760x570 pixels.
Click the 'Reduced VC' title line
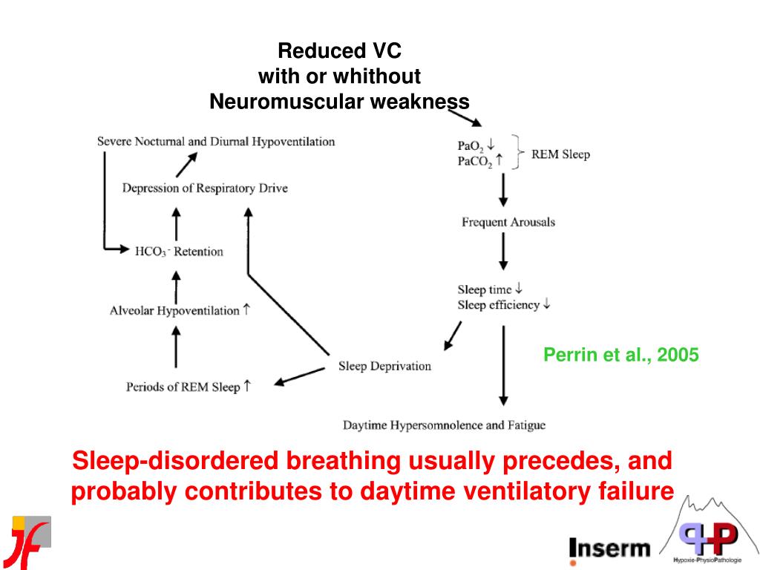click(x=339, y=51)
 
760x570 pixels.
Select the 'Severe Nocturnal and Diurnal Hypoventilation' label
click(x=215, y=141)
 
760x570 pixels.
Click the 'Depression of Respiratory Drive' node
click(x=204, y=188)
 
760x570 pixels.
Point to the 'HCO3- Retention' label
click(x=179, y=252)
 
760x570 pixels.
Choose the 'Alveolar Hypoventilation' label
click(x=174, y=310)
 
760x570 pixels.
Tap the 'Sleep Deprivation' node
click(x=384, y=366)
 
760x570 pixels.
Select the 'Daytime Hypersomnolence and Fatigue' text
click(x=444, y=425)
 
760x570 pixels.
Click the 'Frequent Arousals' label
click(x=508, y=222)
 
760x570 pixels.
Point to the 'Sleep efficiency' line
click(x=499, y=305)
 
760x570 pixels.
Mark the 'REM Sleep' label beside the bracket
click(x=560, y=154)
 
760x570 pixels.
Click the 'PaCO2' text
click(x=475, y=161)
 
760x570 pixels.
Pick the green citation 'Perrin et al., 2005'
click(x=620, y=355)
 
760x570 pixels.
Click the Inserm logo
click(x=609, y=548)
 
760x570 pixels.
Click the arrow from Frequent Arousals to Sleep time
click(x=504, y=254)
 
